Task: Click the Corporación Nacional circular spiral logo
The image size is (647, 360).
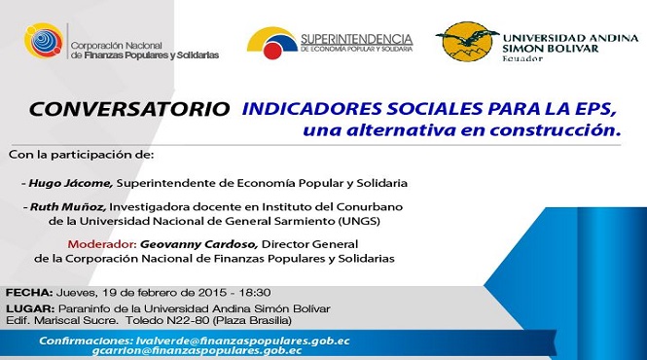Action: click(x=44, y=41)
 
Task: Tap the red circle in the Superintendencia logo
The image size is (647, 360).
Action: click(x=272, y=51)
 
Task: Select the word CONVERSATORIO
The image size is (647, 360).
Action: click(x=129, y=109)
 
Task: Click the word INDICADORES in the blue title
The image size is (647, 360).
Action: click(x=312, y=109)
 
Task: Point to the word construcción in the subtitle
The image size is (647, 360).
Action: click(x=556, y=130)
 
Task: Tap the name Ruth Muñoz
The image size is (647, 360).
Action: click(x=68, y=207)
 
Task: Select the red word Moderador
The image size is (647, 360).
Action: click(x=102, y=244)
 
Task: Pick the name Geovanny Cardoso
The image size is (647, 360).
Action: click(x=198, y=244)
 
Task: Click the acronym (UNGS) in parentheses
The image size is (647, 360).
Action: click(x=359, y=221)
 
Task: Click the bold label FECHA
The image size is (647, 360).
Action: click(x=29, y=293)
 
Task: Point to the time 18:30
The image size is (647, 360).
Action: click(x=255, y=293)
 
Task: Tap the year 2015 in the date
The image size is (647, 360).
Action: click(x=212, y=293)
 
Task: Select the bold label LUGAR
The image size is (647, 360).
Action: click(x=30, y=308)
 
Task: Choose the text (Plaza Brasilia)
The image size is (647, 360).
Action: click(x=252, y=320)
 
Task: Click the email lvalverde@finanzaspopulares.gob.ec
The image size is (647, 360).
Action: click(x=242, y=341)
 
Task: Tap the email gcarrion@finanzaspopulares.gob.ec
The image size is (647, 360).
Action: click(x=197, y=351)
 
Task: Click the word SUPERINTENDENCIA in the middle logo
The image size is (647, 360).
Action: click(x=357, y=39)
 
